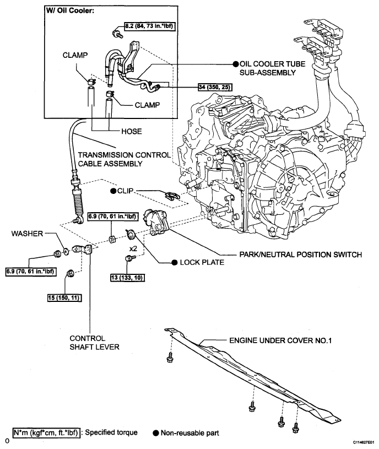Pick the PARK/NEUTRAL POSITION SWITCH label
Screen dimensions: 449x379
click(301, 255)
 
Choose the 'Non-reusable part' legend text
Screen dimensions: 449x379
click(191, 432)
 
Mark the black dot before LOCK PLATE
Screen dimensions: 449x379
click(174, 262)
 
